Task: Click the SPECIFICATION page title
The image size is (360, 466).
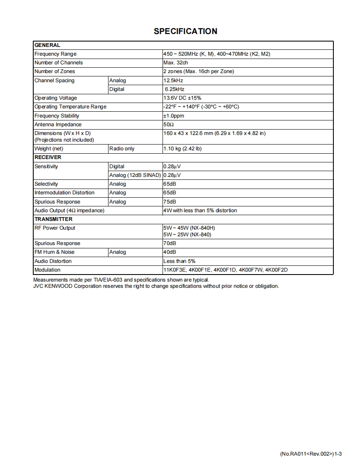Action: click(185, 31)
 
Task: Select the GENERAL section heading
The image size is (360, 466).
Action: click(47, 45)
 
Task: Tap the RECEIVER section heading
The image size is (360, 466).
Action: click(48, 157)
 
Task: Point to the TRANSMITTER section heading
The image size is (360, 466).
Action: click(53, 219)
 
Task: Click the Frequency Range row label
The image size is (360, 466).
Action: click(55, 54)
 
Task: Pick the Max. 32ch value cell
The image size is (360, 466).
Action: click(176, 63)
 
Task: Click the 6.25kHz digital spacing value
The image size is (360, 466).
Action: click(175, 89)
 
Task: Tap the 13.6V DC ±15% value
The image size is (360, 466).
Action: click(182, 98)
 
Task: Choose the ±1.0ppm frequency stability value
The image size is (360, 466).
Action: click(174, 116)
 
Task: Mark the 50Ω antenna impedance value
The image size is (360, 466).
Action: click(169, 125)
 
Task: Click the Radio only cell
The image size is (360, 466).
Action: click(122, 149)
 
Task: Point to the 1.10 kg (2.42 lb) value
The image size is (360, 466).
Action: click(182, 149)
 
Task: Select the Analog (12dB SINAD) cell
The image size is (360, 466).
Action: click(135, 175)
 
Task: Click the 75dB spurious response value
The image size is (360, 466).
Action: click(170, 202)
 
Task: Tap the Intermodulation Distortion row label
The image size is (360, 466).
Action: click(64, 193)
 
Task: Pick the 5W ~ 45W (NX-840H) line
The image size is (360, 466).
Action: click(189, 228)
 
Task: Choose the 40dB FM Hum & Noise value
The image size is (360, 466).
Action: click(170, 252)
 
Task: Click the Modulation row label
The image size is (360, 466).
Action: click(47, 270)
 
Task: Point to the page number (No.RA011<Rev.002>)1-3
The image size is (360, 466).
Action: click(311, 454)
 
